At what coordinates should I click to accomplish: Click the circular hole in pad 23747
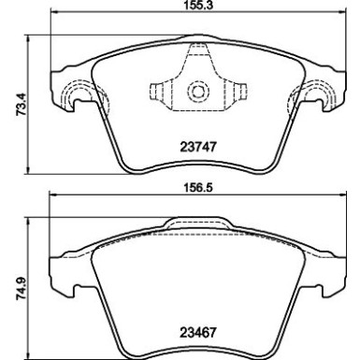[198, 92]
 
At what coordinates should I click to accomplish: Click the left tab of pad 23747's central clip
[156, 92]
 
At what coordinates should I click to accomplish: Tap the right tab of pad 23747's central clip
[240, 92]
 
